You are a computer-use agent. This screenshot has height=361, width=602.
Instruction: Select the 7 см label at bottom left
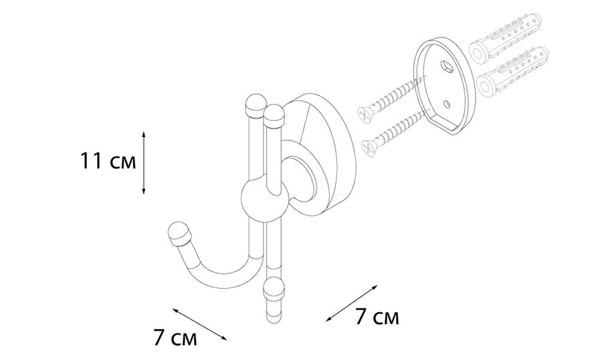tap(175, 338)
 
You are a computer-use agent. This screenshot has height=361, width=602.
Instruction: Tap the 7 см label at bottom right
tap(377, 317)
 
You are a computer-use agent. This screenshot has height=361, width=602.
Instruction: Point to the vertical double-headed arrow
tap(144, 162)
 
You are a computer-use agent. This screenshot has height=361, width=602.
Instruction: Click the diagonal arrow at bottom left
tap(199, 324)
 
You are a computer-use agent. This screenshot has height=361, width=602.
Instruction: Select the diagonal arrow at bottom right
tap(352, 303)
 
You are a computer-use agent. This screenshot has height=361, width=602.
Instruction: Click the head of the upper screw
tap(364, 115)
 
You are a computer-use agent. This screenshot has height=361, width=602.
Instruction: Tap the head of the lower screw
tap(369, 148)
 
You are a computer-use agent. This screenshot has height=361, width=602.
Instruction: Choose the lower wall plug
tap(512, 71)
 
